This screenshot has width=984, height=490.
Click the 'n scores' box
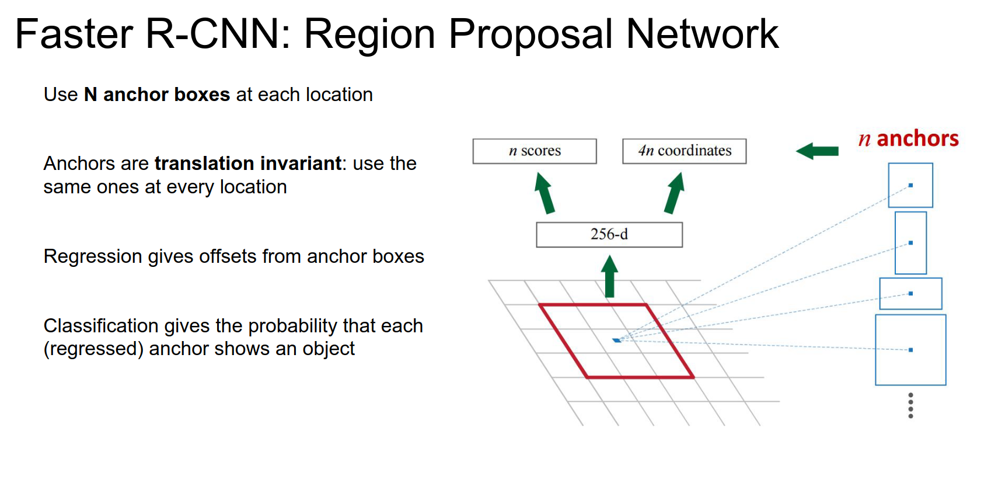(534, 151)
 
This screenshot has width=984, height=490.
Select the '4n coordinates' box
(684, 151)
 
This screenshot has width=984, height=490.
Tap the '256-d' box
(609, 235)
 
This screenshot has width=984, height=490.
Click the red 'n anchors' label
(908, 139)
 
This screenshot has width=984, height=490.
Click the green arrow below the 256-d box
(609, 277)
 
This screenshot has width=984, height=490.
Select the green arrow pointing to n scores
(545, 193)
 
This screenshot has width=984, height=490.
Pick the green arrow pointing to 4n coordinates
(674, 193)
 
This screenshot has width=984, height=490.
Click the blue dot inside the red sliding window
(616, 340)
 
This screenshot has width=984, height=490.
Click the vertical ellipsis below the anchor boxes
(910, 405)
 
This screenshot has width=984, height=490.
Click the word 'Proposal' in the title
(530, 34)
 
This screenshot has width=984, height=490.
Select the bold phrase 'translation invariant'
(248, 164)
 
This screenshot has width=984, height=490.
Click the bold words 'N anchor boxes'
(157, 95)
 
